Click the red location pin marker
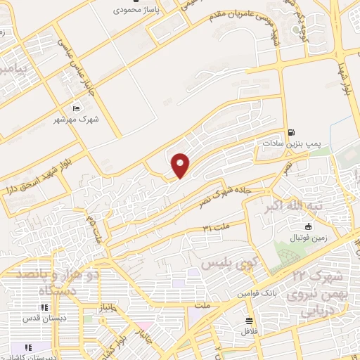(181, 165)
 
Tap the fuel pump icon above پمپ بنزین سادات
(291, 132)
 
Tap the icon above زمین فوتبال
(308, 226)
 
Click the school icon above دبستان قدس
(44, 307)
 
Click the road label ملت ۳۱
(216, 228)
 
